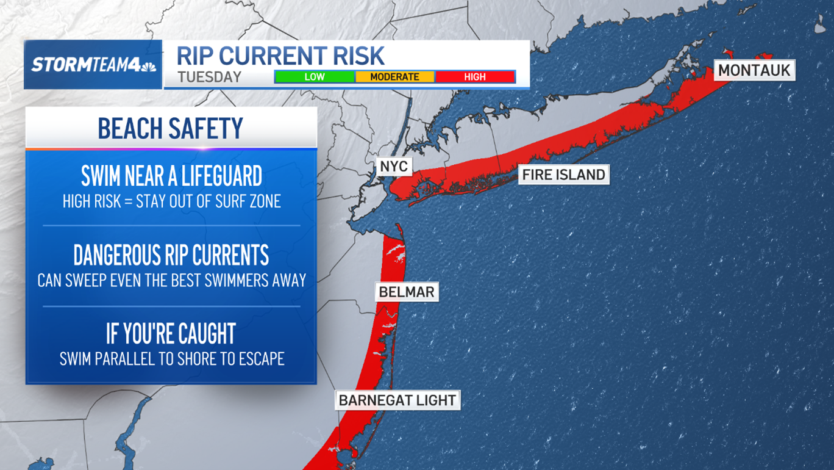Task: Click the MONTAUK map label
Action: [x=754, y=70]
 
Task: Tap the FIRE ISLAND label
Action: [x=564, y=175]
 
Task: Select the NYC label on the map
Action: [x=393, y=167]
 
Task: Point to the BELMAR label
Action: [x=407, y=292]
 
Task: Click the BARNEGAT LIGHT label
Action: [x=397, y=400]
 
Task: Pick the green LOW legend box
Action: [x=315, y=77]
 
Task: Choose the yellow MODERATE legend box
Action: [x=394, y=77]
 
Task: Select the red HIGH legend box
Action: [x=475, y=77]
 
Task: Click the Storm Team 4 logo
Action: [x=93, y=65]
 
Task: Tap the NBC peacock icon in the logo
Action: [x=148, y=65]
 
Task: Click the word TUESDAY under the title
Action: [x=210, y=78]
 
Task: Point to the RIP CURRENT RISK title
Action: [x=280, y=56]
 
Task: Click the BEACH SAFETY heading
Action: [x=171, y=128]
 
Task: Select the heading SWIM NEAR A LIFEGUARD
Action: [x=171, y=176]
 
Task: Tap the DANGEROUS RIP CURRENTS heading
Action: [x=171, y=255]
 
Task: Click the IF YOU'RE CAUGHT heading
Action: [x=171, y=334]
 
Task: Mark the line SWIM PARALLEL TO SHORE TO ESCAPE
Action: [x=171, y=358]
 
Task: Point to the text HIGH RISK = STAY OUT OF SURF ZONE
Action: [x=171, y=201]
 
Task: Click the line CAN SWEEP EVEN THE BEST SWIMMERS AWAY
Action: [x=171, y=280]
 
